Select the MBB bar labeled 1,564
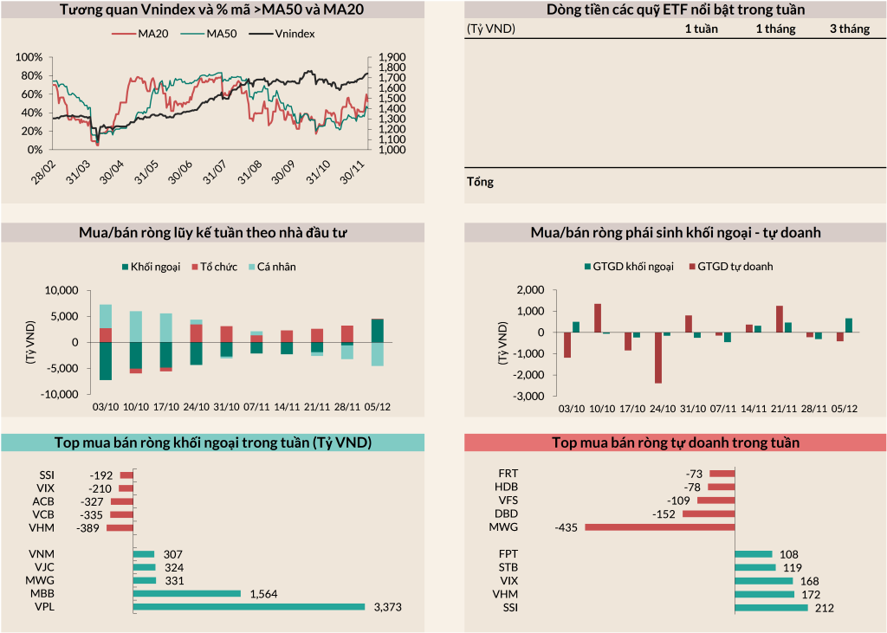pos(187,593)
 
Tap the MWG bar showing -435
pos(659,526)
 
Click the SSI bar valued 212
pos(771,607)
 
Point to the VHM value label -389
pos(88,527)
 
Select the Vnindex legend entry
pos(283,35)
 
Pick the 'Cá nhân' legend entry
pos(272,267)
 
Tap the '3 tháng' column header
pos(849,29)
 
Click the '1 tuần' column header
pos(701,29)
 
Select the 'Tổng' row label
pos(480,183)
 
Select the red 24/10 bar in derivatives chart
pos(657,358)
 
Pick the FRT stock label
pos(509,474)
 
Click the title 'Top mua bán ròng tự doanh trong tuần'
pos(676,442)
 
